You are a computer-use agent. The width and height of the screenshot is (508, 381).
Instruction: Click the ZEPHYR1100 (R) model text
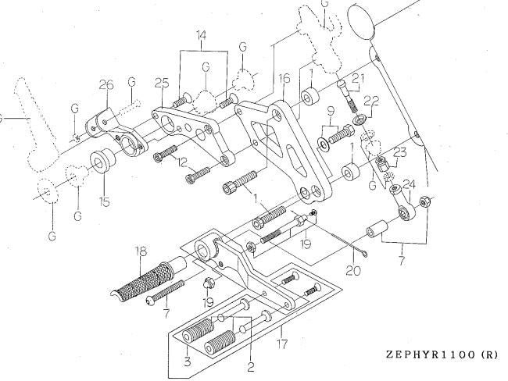click(x=442, y=354)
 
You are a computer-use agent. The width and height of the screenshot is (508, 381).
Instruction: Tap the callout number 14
click(x=201, y=35)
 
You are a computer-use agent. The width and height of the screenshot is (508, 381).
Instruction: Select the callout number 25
click(x=162, y=83)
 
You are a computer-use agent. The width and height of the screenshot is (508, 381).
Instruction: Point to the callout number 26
click(x=106, y=85)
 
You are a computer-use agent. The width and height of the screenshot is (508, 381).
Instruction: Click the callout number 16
click(x=284, y=78)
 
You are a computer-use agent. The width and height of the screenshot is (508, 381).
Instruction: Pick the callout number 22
click(x=371, y=101)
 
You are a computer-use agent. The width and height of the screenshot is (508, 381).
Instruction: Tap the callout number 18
click(x=140, y=251)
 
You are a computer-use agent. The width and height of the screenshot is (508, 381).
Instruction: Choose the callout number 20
click(x=353, y=270)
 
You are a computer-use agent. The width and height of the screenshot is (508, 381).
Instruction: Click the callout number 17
click(x=282, y=344)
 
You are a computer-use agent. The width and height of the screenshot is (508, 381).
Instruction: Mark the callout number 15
click(x=104, y=202)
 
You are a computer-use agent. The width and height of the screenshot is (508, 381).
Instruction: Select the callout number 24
click(x=409, y=184)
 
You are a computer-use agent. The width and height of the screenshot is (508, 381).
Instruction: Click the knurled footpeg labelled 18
click(x=148, y=279)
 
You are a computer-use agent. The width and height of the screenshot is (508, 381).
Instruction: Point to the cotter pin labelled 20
click(x=349, y=245)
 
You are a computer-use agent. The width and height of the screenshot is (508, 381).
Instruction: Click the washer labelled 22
click(x=360, y=120)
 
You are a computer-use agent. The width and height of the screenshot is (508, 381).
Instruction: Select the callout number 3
click(x=188, y=361)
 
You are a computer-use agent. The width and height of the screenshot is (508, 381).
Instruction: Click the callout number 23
click(x=400, y=152)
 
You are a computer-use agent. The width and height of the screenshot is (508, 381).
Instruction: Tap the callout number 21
click(x=358, y=78)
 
